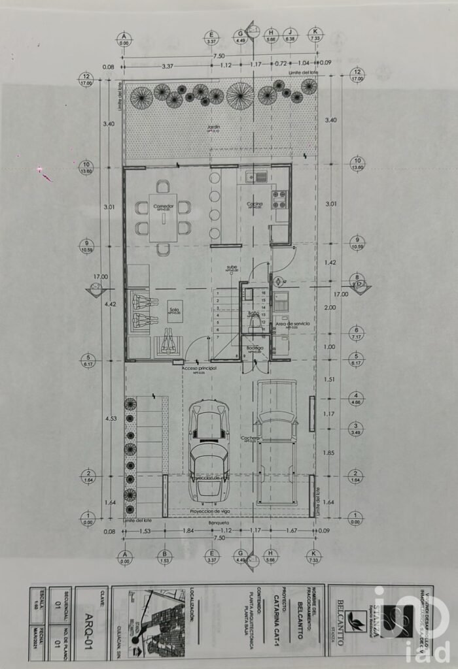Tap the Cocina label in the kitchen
(255, 204)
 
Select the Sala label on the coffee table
(174, 310)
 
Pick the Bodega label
(255, 348)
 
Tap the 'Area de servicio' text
(292, 323)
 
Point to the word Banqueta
(219, 523)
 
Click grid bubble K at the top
(315, 34)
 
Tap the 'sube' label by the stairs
(232, 267)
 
